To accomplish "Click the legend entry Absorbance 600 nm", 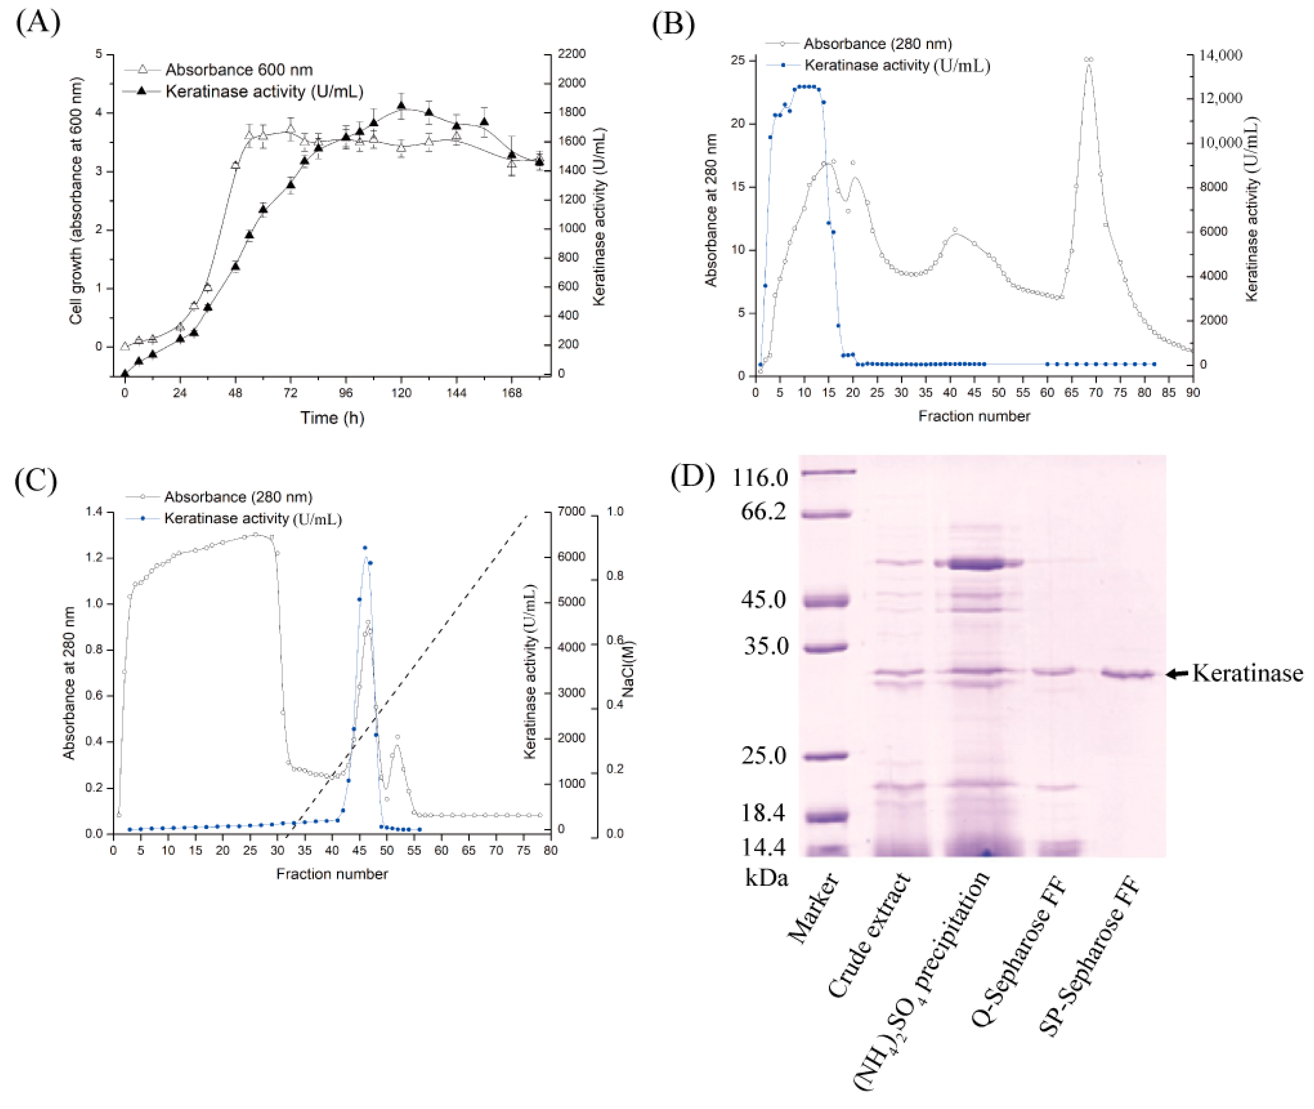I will tap(238, 69).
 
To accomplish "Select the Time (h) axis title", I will tap(332, 417).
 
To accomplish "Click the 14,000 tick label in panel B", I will tap(1221, 55).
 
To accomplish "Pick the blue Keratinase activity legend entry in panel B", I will tap(897, 65).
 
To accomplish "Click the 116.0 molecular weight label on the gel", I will tap(760, 478).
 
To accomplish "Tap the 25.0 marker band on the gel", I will tap(826, 756).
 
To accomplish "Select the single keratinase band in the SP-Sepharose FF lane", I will tap(1128, 674).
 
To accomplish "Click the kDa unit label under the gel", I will tap(766, 878).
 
